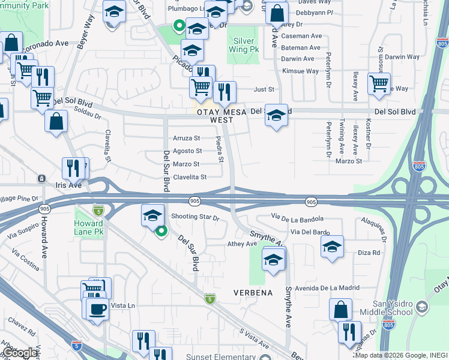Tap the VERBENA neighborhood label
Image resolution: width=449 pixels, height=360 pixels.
point(253,293)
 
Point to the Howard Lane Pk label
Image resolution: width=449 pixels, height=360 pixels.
point(88,226)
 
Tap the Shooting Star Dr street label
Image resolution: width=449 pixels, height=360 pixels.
point(195,217)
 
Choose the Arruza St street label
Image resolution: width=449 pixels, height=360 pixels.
point(186,138)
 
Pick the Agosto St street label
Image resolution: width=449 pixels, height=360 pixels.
point(187,151)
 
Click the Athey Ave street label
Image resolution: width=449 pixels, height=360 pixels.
point(242,244)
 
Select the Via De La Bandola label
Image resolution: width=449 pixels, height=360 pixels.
point(297,218)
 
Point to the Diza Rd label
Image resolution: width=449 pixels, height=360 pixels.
point(369,253)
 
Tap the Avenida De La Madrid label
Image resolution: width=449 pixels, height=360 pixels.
point(327,288)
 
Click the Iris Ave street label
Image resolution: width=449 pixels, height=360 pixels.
point(68,186)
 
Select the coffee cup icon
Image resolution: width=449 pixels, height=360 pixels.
point(97,309)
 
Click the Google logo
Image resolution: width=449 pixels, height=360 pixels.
point(19,353)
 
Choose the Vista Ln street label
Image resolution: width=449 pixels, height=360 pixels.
point(123,305)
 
